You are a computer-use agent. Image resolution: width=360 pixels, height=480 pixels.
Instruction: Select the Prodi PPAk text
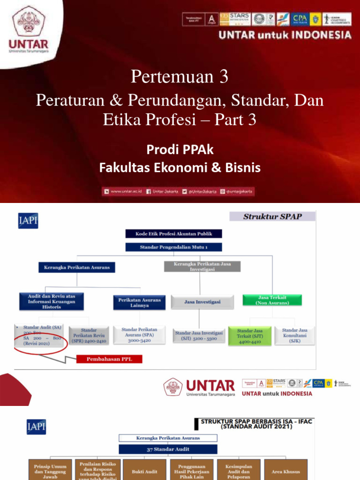click(x=180, y=150)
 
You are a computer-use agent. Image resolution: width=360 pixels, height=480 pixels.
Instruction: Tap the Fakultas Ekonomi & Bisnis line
click(x=180, y=167)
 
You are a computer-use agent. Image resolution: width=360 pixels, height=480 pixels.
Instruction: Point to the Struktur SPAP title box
click(x=272, y=217)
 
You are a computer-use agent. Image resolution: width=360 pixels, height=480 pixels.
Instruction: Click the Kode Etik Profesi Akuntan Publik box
click(x=173, y=234)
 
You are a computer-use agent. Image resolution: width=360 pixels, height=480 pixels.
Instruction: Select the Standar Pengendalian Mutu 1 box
click(x=173, y=247)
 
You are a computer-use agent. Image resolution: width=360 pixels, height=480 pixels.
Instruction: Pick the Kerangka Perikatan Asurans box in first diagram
click(x=77, y=267)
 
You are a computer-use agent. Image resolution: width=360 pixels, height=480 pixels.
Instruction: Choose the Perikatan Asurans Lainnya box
click(x=139, y=303)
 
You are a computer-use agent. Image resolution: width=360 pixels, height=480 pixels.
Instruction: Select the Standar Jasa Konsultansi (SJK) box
click(x=295, y=336)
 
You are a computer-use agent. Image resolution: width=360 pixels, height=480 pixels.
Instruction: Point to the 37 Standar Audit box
click(x=167, y=449)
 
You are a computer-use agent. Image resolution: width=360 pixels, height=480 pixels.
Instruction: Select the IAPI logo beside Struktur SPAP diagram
click(x=28, y=220)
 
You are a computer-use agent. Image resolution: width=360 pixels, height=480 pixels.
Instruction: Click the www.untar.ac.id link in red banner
click(x=124, y=191)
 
